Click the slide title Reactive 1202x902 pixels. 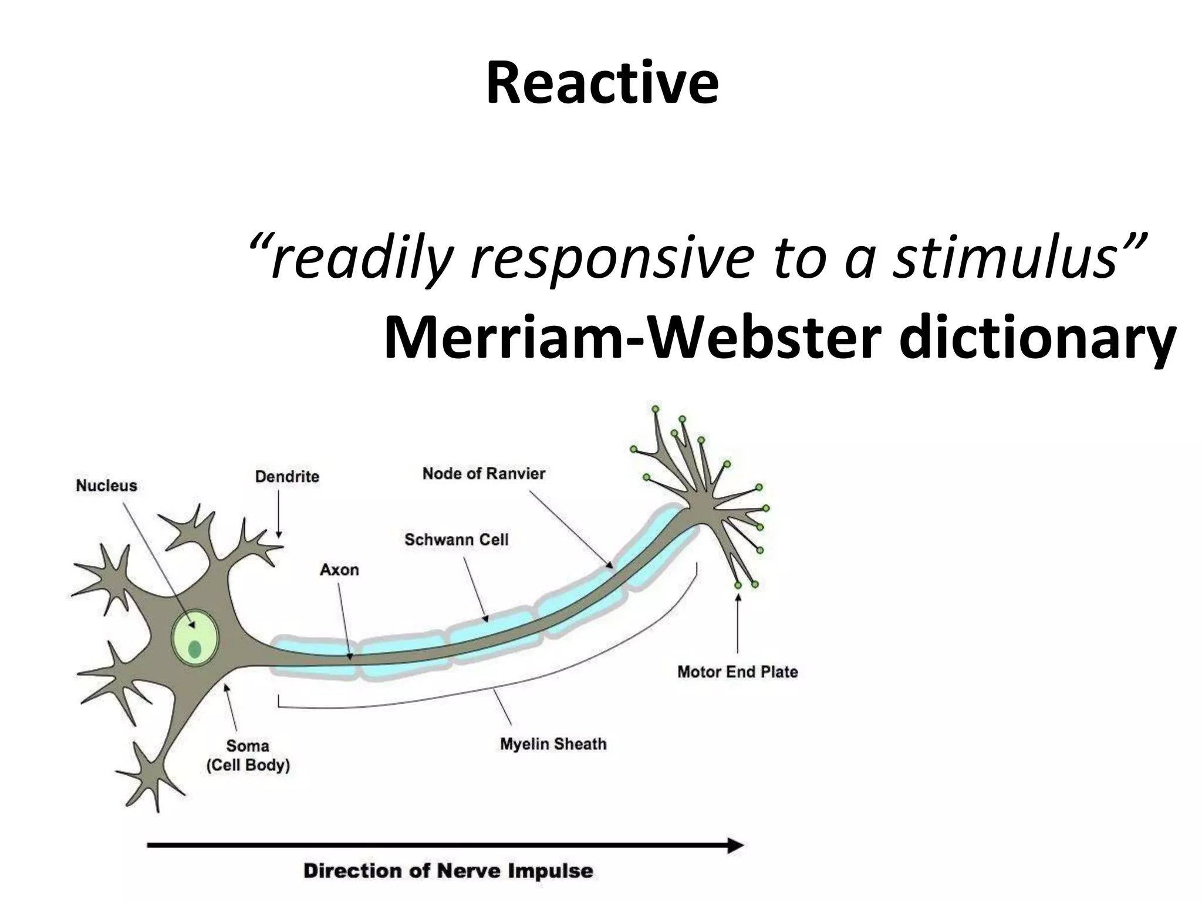click(602, 84)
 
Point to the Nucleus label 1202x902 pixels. click(106, 486)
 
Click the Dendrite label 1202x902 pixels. click(287, 476)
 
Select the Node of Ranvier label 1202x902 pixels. click(484, 473)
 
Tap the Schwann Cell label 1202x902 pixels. click(456, 540)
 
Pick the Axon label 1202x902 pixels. click(339, 570)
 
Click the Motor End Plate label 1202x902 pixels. click(737, 672)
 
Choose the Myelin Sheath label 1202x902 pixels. click(553, 744)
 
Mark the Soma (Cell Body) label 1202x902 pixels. click(248, 755)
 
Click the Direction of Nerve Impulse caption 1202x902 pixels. click(448, 870)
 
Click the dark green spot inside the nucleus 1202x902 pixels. click(195, 649)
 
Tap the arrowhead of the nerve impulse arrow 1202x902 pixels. click(736, 846)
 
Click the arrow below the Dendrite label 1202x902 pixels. click(279, 514)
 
